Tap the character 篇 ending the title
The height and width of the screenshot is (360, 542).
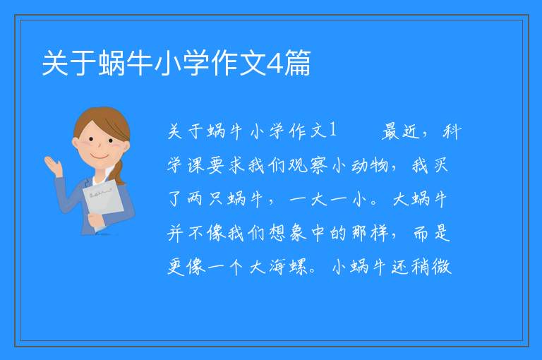(298, 63)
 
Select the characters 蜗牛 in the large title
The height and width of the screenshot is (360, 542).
(126, 63)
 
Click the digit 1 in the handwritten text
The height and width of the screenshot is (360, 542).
(332, 130)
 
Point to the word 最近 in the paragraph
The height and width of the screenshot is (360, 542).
(401, 131)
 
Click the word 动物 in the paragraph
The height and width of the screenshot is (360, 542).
(370, 165)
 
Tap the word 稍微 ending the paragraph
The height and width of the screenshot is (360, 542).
(431, 267)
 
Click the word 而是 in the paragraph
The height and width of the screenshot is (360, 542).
(432, 233)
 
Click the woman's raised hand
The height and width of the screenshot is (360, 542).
(53, 166)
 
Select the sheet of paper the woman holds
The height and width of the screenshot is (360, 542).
(103, 203)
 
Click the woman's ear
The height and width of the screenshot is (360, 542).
(76, 143)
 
